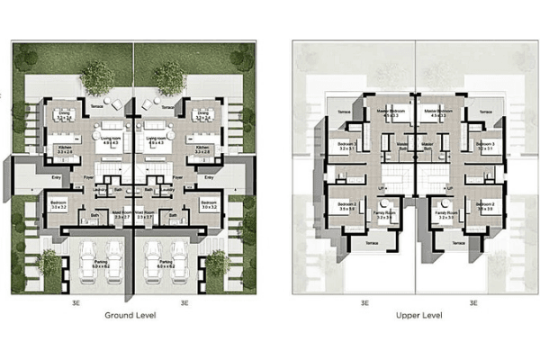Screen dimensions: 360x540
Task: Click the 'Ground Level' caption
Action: pyautogui.click(x=131, y=316)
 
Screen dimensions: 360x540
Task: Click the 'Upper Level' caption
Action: pyautogui.click(x=418, y=316)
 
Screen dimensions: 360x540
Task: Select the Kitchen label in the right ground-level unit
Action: pyautogui.click(x=202, y=148)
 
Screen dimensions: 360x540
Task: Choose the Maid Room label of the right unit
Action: pyautogui.click(x=146, y=216)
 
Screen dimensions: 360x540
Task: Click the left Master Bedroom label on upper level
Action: pyautogui.click(x=391, y=112)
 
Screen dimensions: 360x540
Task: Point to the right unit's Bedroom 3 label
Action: pyautogui.click(x=485, y=145)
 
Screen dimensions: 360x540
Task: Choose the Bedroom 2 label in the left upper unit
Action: pyautogui.click(x=346, y=206)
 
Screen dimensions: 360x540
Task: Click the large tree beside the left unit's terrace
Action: pyautogui.click(x=96, y=76)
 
